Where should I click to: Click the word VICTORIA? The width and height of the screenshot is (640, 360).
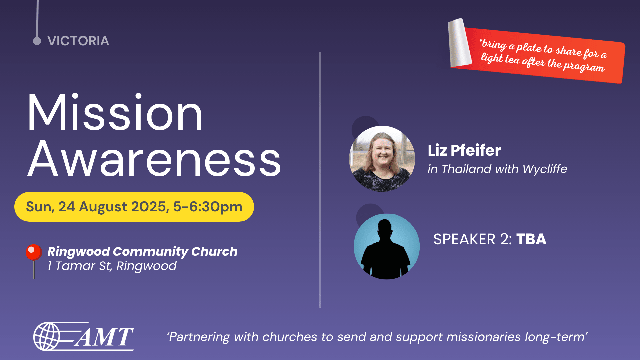click(78, 41)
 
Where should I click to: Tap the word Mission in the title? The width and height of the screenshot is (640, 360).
click(115, 113)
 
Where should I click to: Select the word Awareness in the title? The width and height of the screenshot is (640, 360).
click(154, 158)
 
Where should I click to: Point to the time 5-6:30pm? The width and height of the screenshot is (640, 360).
click(208, 207)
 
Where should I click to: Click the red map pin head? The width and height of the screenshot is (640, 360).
click(34, 252)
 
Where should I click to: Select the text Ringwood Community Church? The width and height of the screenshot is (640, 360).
click(142, 251)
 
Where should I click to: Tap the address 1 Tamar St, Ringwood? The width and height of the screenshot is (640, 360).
click(112, 266)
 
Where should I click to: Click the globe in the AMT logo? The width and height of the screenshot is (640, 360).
click(47, 336)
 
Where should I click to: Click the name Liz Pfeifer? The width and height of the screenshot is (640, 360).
click(464, 150)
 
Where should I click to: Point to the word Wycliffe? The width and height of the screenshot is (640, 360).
click(545, 169)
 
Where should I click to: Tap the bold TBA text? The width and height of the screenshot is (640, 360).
click(531, 239)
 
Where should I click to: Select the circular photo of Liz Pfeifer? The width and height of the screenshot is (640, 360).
click(382, 159)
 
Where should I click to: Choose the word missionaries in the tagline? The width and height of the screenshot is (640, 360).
click(483, 337)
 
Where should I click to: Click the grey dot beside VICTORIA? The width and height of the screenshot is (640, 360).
click(37, 41)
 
